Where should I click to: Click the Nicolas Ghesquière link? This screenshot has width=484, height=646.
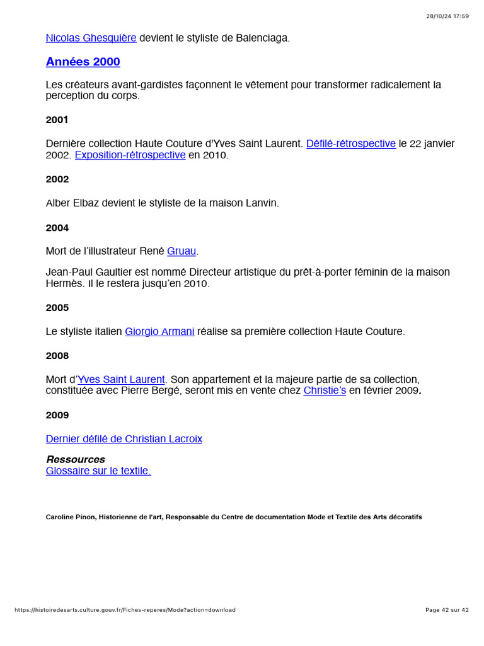coord(91,38)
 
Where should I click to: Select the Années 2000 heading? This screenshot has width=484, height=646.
coord(83,62)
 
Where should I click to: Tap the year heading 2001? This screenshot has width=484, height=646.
coord(57,120)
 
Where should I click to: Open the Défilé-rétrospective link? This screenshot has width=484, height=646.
coord(350,144)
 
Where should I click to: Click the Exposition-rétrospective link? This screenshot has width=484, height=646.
coord(130,155)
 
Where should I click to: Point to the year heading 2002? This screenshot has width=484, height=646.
coord(57,179)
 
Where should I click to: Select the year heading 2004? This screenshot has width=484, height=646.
coord(57,228)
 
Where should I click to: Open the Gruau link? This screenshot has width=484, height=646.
coord(181,251)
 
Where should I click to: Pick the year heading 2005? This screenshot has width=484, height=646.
coord(57,308)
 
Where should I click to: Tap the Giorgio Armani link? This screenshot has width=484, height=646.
coord(159,331)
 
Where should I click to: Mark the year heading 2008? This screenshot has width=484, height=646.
coord(57,356)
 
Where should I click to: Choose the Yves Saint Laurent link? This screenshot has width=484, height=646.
coord(121,380)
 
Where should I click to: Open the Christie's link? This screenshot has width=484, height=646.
coord(325,391)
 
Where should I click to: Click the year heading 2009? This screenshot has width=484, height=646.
coord(57,415)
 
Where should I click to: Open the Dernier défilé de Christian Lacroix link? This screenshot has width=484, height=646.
coord(124,439)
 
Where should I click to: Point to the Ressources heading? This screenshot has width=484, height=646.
coord(76,459)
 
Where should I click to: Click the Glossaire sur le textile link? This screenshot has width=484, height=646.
coord(98,471)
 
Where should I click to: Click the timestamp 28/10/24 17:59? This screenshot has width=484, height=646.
coord(447,16)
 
